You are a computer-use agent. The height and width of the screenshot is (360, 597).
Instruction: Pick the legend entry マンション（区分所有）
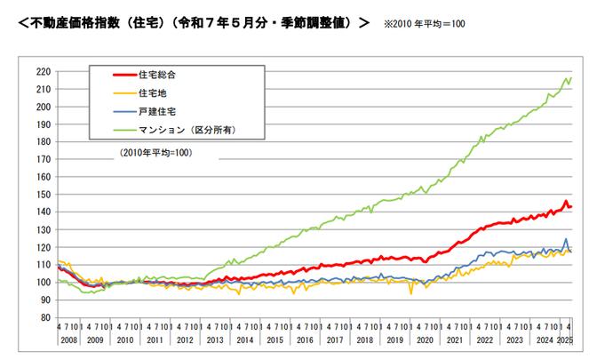[187, 130]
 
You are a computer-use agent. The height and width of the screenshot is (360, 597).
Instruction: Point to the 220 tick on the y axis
[42, 72]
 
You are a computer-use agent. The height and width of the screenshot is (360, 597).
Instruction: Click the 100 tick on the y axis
[42, 283]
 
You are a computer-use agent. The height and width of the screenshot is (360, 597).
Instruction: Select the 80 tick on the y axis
[44, 317]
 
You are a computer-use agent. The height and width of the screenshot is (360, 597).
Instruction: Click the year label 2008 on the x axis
[68, 340]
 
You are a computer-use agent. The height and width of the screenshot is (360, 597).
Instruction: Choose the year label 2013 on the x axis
[216, 340]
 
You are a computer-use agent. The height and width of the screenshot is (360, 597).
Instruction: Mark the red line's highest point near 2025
[565, 202]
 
